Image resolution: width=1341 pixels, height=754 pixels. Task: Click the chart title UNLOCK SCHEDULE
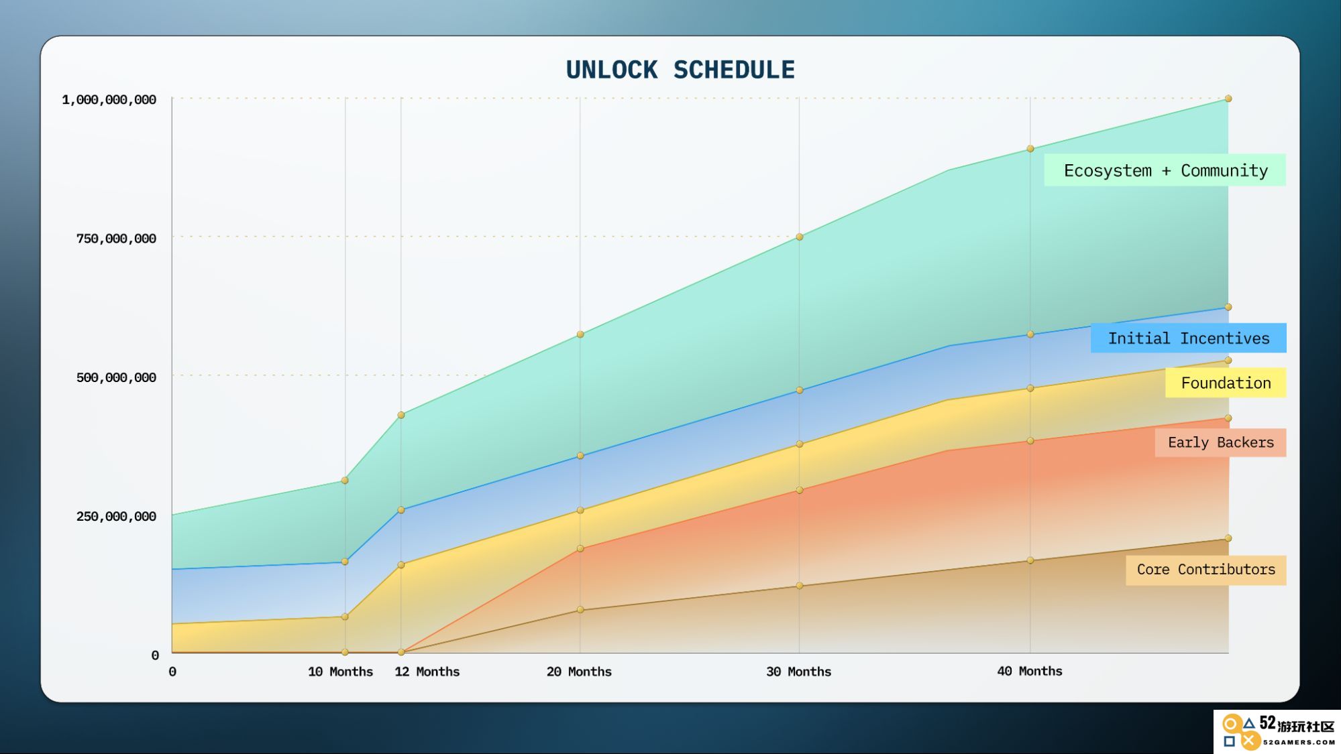point(680,70)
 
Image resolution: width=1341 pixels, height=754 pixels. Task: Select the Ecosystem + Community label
point(1165,170)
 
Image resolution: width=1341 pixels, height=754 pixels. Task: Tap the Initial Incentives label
point(1188,338)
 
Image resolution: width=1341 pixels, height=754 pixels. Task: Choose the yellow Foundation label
point(1226,383)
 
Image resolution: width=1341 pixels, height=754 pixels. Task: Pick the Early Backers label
point(1220,442)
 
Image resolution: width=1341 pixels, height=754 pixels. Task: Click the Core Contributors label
point(1205,570)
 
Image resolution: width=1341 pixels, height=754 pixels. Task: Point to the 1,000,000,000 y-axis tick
point(109,100)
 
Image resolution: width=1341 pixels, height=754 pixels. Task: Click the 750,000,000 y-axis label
point(116,239)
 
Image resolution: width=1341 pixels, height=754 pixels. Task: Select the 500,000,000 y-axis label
point(116,377)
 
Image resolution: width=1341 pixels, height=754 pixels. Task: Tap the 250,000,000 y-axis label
point(116,516)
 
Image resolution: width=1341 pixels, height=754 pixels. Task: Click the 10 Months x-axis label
point(340,672)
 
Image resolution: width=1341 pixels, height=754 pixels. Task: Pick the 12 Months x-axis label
point(427,672)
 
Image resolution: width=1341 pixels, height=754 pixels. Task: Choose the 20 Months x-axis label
point(579,672)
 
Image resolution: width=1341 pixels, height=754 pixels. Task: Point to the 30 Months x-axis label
point(798,672)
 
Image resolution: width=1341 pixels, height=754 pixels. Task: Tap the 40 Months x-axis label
point(1030,671)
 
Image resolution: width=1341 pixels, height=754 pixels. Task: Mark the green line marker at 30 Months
point(799,237)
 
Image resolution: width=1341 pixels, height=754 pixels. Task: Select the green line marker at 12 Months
point(401,416)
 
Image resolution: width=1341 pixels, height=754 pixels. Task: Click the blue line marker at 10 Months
point(345,562)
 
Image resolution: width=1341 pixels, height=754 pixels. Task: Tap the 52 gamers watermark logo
point(1277,731)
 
